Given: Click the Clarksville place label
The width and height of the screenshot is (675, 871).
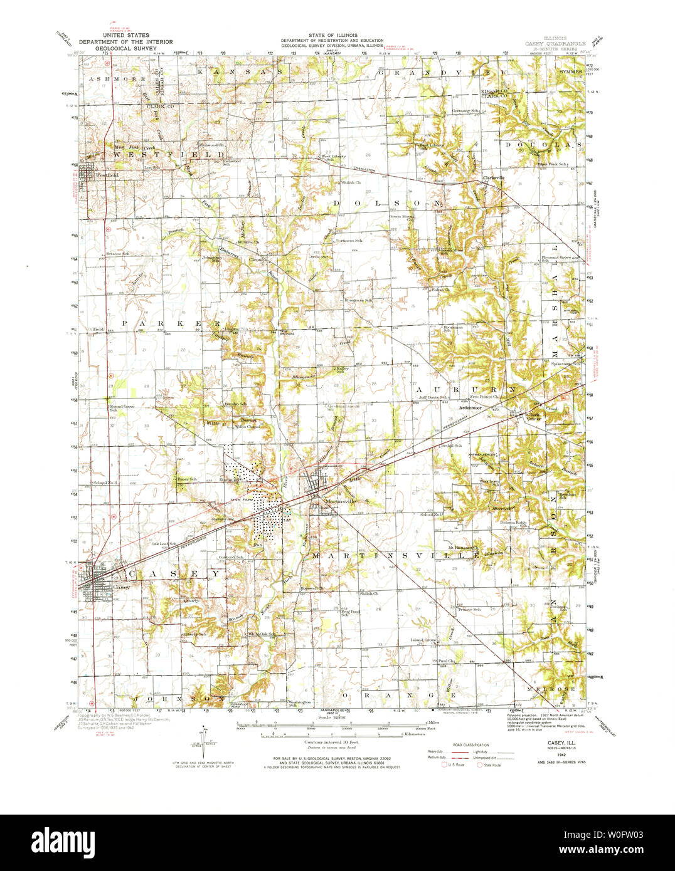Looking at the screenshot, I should pos(494,178).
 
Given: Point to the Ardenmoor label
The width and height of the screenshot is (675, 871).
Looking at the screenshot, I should pos(470,408).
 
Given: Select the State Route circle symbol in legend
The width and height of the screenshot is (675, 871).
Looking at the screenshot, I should pos(480,764).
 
